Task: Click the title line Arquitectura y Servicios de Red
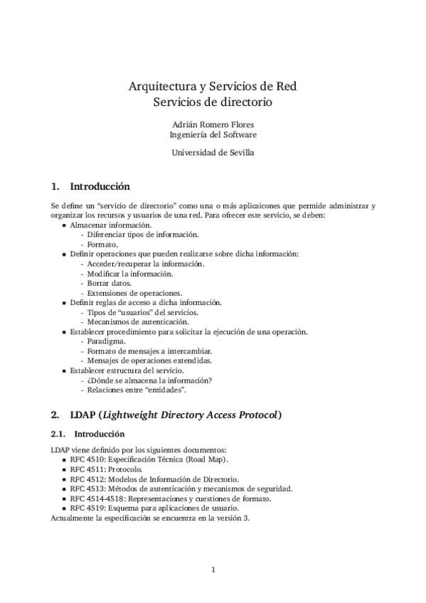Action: pyautogui.click(x=213, y=87)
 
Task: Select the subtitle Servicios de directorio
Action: pyautogui.click(x=213, y=102)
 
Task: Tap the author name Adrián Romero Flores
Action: pyautogui.click(x=213, y=124)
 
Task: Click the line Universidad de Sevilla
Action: pyautogui.click(x=213, y=151)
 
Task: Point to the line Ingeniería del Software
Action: pyautogui.click(x=213, y=134)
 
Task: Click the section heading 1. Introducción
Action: pyautogui.click(x=90, y=187)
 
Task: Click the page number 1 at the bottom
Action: pyautogui.click(x=213, y=569)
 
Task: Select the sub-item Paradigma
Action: pyautogui.click(x=103, y=341)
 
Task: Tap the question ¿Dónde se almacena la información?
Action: pyautogui.click(x=149, y=380)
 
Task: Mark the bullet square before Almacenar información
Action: pyautogui.click(x=65, y=225)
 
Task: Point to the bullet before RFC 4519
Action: pyautogui.click(x=65, y=508)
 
